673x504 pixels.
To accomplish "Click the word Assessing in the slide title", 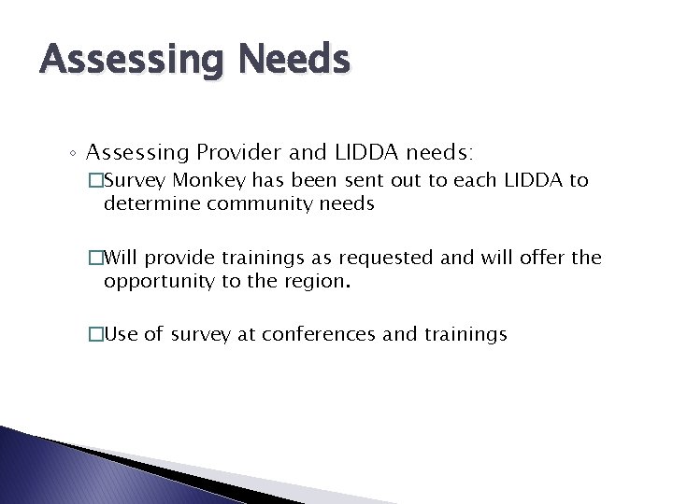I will pos(132,62).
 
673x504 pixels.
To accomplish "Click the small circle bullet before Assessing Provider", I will pos(75,152).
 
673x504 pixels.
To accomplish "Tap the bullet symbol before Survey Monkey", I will pos(96,180).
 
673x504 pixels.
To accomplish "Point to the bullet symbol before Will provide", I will pos(96,257).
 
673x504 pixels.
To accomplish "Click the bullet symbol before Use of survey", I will pos(96,334).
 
